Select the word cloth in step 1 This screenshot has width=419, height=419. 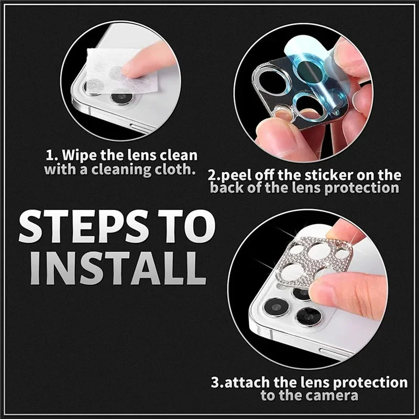pyautogui.click(x=177, y=170)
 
